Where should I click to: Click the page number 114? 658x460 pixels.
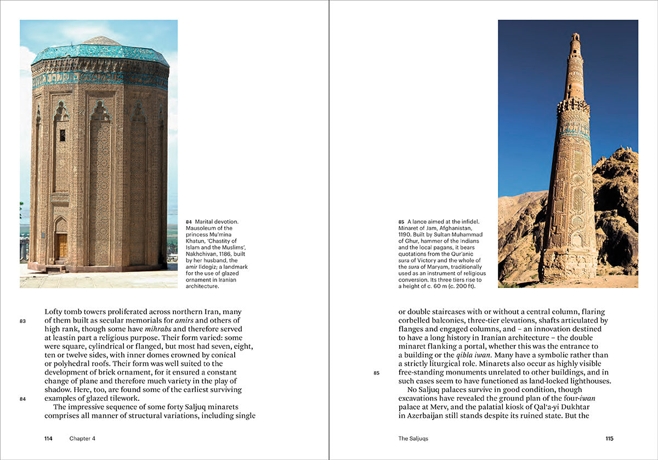[48, 439]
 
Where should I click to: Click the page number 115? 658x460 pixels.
[609, 439]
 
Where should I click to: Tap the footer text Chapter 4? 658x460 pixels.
[82, 439]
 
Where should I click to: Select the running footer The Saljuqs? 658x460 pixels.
[413, 439]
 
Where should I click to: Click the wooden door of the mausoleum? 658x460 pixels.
[61, 246]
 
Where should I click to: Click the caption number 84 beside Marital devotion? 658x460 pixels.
[189, 222]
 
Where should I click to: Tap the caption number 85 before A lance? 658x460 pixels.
[401, 222]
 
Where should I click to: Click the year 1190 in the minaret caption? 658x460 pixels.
[405, 234]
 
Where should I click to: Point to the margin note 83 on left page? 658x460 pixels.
[22, 321]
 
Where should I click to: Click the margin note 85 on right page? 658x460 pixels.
[376, 373]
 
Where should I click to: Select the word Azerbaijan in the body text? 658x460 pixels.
[426, 416]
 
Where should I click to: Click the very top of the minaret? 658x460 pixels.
[575, 36]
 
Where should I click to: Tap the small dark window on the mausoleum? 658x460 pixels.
[62, 135]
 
